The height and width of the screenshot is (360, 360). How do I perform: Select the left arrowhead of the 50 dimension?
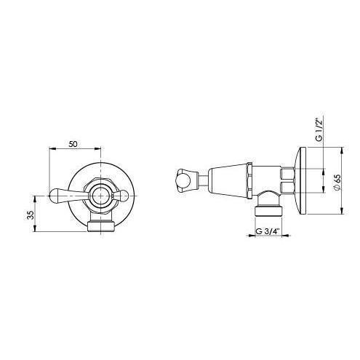(51, 150)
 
